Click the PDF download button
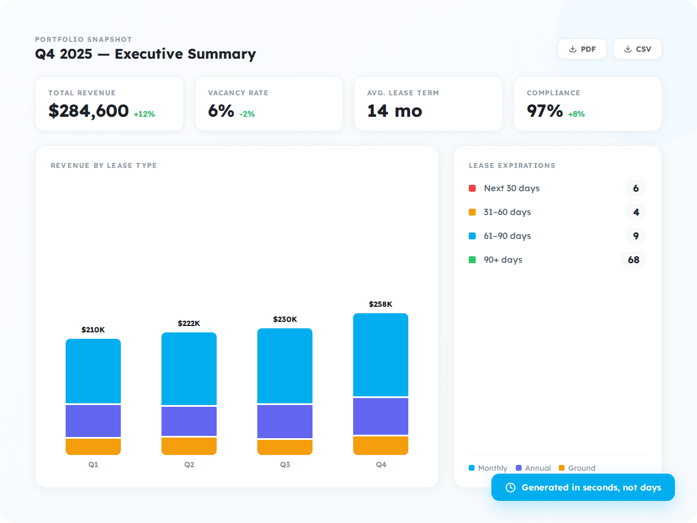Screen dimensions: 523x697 tap(582, 49)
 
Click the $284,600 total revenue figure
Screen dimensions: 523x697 tap(88, 110)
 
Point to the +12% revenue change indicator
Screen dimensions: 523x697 tap(144, 114)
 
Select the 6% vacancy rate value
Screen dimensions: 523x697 tap(221, 110)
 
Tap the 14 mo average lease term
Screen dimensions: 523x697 tap(394, 110)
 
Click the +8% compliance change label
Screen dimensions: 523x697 tap(576, 114)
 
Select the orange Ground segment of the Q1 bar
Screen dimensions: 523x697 tap(93, 446)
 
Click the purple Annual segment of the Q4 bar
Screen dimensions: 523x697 tap(380, 416)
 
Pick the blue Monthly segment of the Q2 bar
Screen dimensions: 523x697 tap(189, 368)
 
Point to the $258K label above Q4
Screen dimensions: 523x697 tap(380, 304)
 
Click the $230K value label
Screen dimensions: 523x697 tap(285, 319)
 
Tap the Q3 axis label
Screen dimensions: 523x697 tap(285, 465)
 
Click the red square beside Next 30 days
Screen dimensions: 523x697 tap(472, 188)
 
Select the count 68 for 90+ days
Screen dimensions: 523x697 tap(633, 260)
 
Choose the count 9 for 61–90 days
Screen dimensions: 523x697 tap(635, 236)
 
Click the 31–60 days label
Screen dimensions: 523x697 tap(507, 212)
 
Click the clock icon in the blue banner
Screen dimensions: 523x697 tap(511, 488)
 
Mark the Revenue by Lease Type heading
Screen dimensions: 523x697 tap(103, 166)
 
